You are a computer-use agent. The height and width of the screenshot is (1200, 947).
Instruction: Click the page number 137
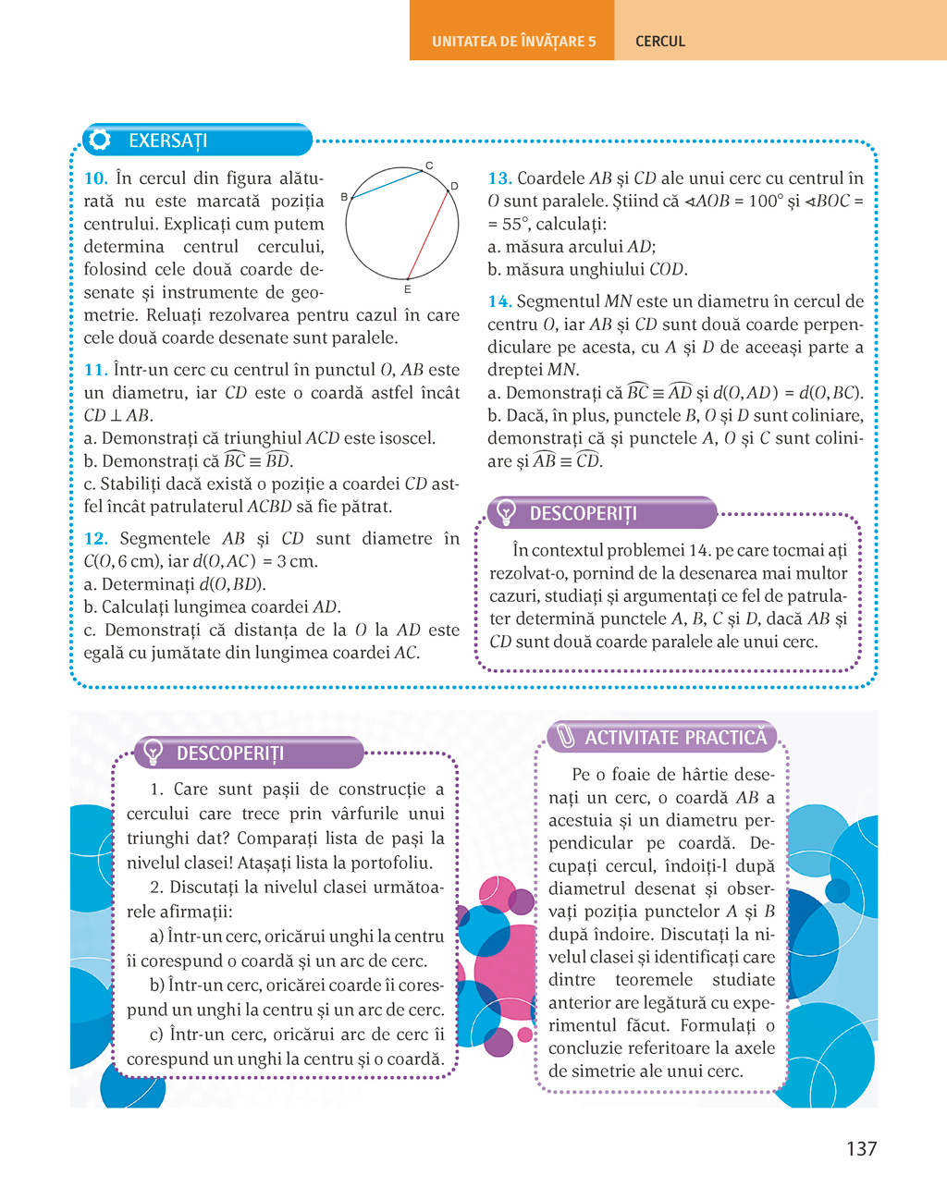[861, 1148]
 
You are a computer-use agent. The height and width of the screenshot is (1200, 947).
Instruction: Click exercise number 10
[95, 178]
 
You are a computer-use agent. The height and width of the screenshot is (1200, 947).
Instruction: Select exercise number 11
[95, 370]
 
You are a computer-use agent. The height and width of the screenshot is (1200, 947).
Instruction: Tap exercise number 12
[95, 539]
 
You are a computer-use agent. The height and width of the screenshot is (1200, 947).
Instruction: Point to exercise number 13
[499, 178]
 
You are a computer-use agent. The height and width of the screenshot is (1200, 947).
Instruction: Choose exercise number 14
[499, 301]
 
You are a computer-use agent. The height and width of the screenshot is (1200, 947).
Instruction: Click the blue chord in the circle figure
[387, 184]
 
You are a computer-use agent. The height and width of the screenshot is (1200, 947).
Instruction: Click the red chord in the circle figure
[429, 231]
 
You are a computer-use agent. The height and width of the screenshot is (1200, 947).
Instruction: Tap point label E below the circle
[408, 289]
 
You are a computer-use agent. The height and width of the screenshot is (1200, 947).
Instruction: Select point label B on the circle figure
[344, 197]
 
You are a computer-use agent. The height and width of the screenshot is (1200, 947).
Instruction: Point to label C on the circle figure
[429, 166]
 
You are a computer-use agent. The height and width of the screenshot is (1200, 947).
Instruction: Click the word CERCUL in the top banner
[660, 42]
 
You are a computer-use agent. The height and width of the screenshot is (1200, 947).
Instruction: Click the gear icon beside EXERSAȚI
[99, 140]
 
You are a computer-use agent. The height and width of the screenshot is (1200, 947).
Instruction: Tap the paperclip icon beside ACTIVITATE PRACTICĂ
[564, 737]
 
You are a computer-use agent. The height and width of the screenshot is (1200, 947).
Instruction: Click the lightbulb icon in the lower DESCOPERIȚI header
[153, 753]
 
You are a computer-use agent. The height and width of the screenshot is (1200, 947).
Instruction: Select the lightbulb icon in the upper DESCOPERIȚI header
[506, 512]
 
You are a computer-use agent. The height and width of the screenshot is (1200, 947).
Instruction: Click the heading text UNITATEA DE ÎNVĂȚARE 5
[513, 42]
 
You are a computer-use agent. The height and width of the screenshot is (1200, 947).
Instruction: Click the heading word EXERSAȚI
[167, 141]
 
